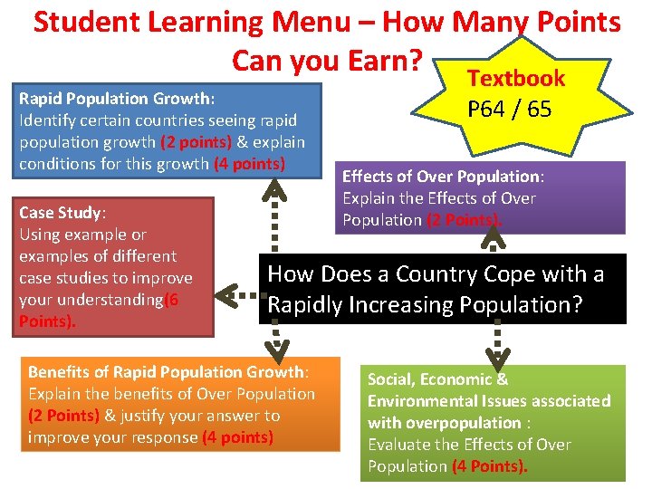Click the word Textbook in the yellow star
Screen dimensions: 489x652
(x=516, y=79)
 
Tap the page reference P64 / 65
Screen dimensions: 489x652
(x=509, y=110)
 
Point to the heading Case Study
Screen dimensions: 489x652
(x=61, y=213)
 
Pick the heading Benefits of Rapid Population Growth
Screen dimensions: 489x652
(x=167, y=372)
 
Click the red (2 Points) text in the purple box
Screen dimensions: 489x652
(x=451, y=220)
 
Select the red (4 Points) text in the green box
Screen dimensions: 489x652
(x=489, y=466)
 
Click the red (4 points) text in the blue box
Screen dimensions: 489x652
(x=250, y=164)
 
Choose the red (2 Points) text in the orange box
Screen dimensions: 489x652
(x=63, y=416)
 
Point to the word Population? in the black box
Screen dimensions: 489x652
(x=520, y=305)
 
